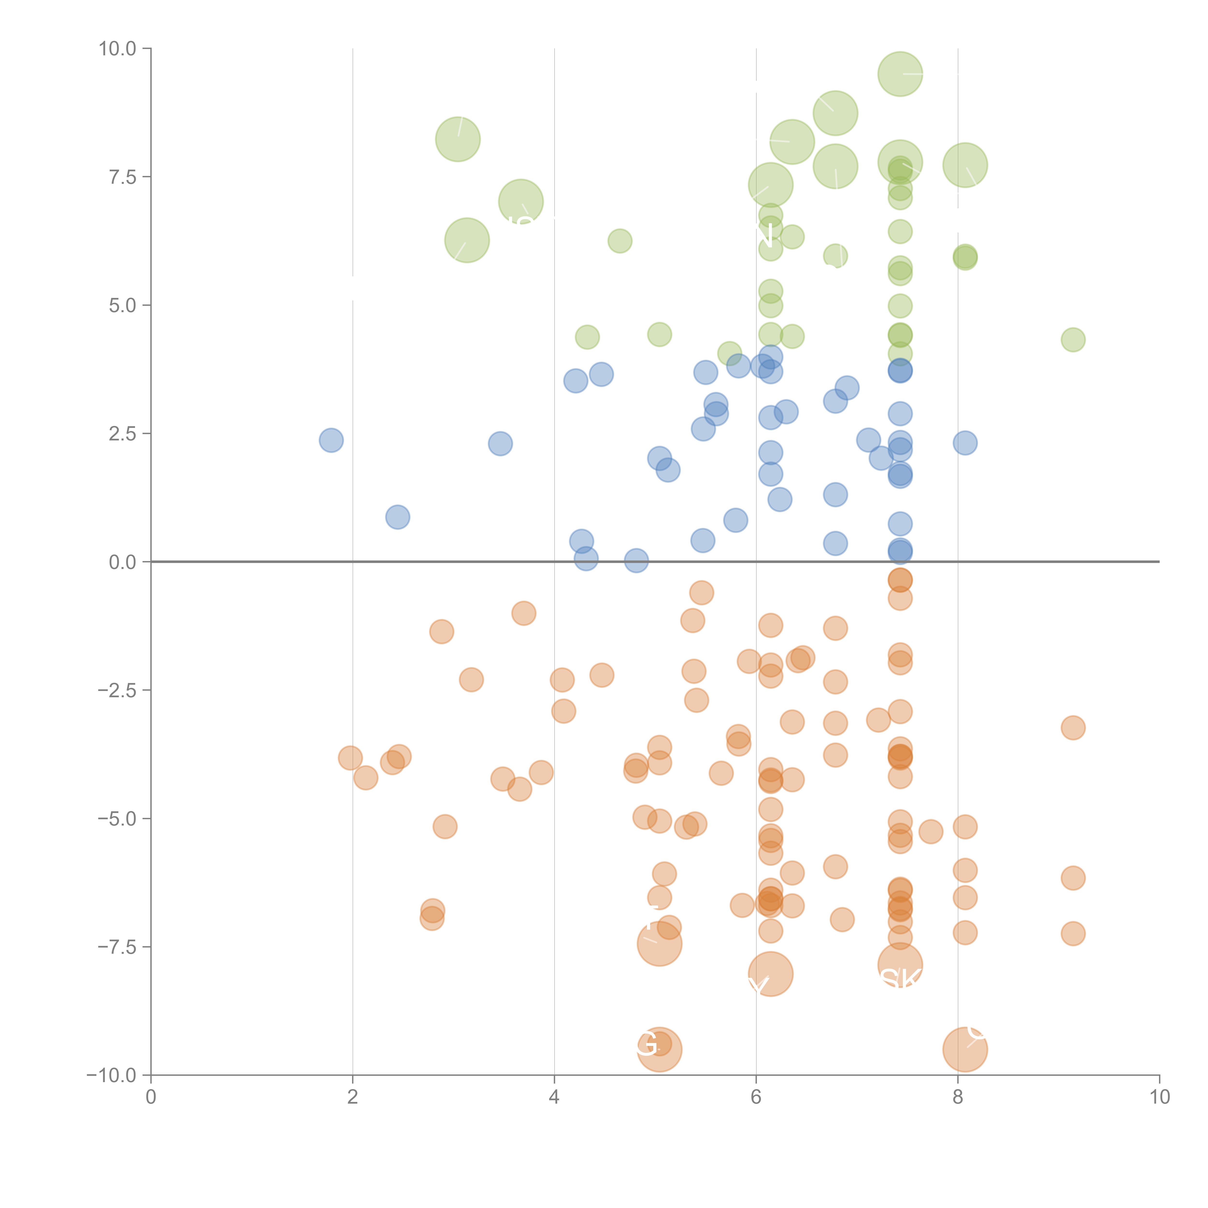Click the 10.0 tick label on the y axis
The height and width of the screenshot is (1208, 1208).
118,49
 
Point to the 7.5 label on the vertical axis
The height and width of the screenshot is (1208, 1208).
122,177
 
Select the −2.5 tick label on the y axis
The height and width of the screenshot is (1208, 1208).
118,690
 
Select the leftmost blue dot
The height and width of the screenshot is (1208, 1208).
331,440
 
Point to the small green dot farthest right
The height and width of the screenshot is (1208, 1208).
1073,339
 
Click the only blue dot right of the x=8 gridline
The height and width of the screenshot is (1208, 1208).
965,443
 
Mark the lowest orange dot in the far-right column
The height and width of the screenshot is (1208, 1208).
1073,934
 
